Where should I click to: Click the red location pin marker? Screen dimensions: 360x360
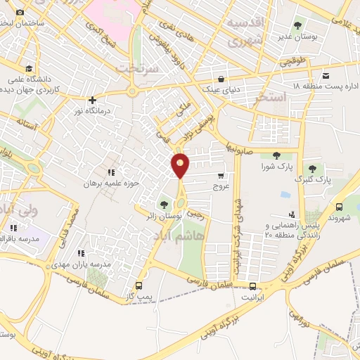pyautogui.click(x=181, y=166)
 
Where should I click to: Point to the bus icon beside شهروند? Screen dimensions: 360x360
pyautogui.click(x=340, y=207)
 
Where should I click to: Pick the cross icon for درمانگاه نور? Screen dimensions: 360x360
pyautogui.click(x=92, y=100)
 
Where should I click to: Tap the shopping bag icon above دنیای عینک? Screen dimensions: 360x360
pyautogui.click(x=221, y=78)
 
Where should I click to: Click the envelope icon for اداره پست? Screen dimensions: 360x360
pyautogui.click(x=326, y=76)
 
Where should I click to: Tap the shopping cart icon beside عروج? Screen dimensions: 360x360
pyautogui.click(x=221, y=176)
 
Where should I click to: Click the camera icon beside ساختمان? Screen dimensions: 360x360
pyautogui.click(x=20, y=12)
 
